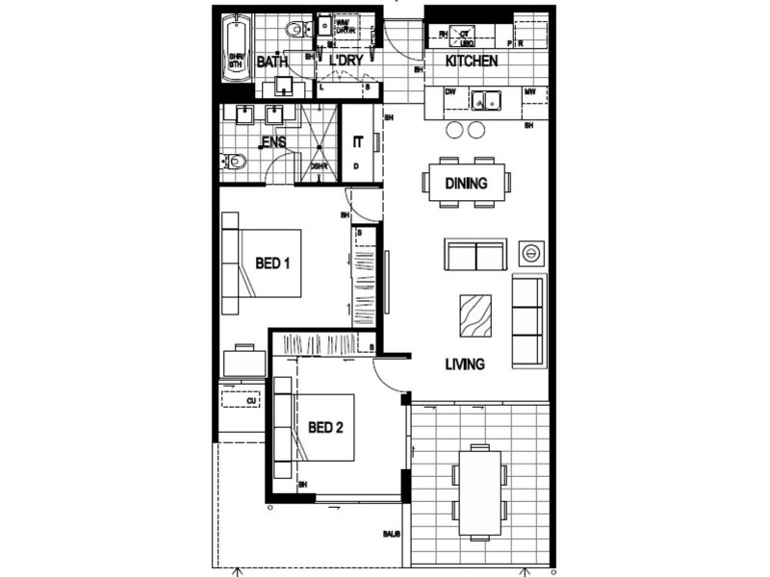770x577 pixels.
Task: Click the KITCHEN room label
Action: tap(471, 62)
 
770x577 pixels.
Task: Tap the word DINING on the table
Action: tap(466, 183)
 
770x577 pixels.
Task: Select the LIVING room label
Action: tap(464, 364)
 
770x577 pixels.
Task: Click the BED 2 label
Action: tap(325, 428)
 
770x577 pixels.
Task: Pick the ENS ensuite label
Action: tap(274, 143)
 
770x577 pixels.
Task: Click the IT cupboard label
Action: tap(358, 142)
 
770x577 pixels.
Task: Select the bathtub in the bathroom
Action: tap(235, 53)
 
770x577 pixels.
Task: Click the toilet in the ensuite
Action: tap(232, 163)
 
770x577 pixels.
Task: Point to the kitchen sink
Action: tap(486, 98)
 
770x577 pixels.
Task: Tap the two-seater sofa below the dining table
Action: tap(475, 255)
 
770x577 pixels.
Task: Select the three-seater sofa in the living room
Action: tap(527, 320)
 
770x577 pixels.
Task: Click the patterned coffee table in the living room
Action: tap(475, 314)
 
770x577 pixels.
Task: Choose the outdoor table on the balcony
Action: tap(479, 491)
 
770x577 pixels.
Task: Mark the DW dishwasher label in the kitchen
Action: tap(449, 92)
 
